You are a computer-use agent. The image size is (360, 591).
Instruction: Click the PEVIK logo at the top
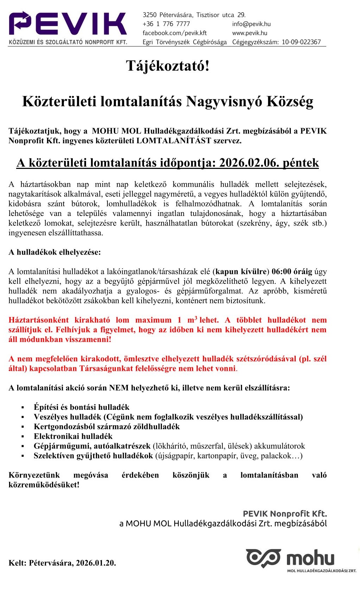click(68, 27)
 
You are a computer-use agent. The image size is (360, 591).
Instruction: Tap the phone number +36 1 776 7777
click(166, 24)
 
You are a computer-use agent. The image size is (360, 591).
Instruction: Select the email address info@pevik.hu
click(251, 24)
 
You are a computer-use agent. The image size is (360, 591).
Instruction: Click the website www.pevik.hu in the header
click(249, 33)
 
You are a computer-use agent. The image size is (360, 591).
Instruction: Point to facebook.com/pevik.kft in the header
click(175, 33)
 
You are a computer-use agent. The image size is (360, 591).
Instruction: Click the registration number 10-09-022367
click(301, 42)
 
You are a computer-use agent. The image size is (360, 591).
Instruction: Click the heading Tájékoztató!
click(168, 66)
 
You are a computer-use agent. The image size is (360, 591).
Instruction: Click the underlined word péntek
click(301, 163)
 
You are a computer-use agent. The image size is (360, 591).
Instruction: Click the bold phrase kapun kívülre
click(241, 271)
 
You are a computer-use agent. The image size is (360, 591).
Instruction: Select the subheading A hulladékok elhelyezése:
click(54, 252)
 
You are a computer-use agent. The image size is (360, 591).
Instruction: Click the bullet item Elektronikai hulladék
click(73, 436)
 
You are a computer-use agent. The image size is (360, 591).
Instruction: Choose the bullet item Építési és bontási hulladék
click(81, 407)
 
